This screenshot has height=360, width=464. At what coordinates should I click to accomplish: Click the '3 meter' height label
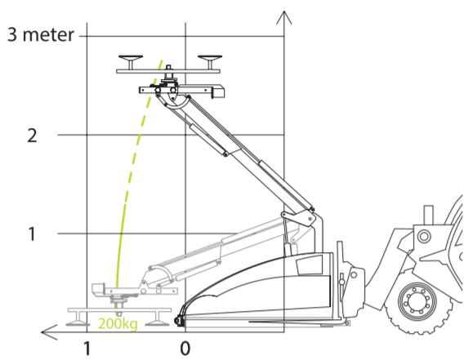click(x=41, y=34)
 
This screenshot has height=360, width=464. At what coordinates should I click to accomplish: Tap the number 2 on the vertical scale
click(x=32, y=136)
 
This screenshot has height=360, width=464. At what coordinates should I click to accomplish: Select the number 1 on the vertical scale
click(x=32, y=234)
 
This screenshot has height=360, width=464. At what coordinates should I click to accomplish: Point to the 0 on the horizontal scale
click(x=185, y=349)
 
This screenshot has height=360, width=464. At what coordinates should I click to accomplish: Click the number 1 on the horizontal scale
click(x=87, y=349)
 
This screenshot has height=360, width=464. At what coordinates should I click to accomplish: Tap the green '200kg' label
click(x=118, y=324)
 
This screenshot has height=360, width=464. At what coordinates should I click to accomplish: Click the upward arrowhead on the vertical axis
click(x=284, y=17)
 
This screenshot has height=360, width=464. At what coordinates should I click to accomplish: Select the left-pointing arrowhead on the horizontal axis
click(x=49, y=332)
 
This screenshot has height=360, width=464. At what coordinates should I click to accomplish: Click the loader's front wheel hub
click(x=417, y=302)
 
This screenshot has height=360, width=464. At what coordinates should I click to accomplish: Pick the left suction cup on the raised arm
click(x=131, y=61)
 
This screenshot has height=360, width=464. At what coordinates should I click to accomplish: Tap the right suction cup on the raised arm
click(x=210, y=61)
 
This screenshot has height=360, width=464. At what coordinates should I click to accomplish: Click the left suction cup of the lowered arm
click(x=78, y=319)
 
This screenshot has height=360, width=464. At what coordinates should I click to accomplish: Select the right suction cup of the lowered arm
click(x=157, y=319)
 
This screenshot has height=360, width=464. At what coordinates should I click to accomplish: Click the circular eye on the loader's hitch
click(x=424, y=237)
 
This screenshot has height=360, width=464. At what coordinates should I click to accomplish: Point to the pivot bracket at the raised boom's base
click(x=298, y=217)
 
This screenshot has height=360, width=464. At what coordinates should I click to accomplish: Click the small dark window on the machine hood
click(x=310, y=264)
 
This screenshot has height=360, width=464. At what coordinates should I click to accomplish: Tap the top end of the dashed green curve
click(x=163, y=60)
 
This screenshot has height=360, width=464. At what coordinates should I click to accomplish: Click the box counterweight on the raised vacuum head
click(x=218, y=91)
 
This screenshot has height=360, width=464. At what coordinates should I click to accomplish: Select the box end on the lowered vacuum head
click(x=99, y=289)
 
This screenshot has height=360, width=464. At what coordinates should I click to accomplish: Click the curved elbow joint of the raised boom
click(x=177, y=104)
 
